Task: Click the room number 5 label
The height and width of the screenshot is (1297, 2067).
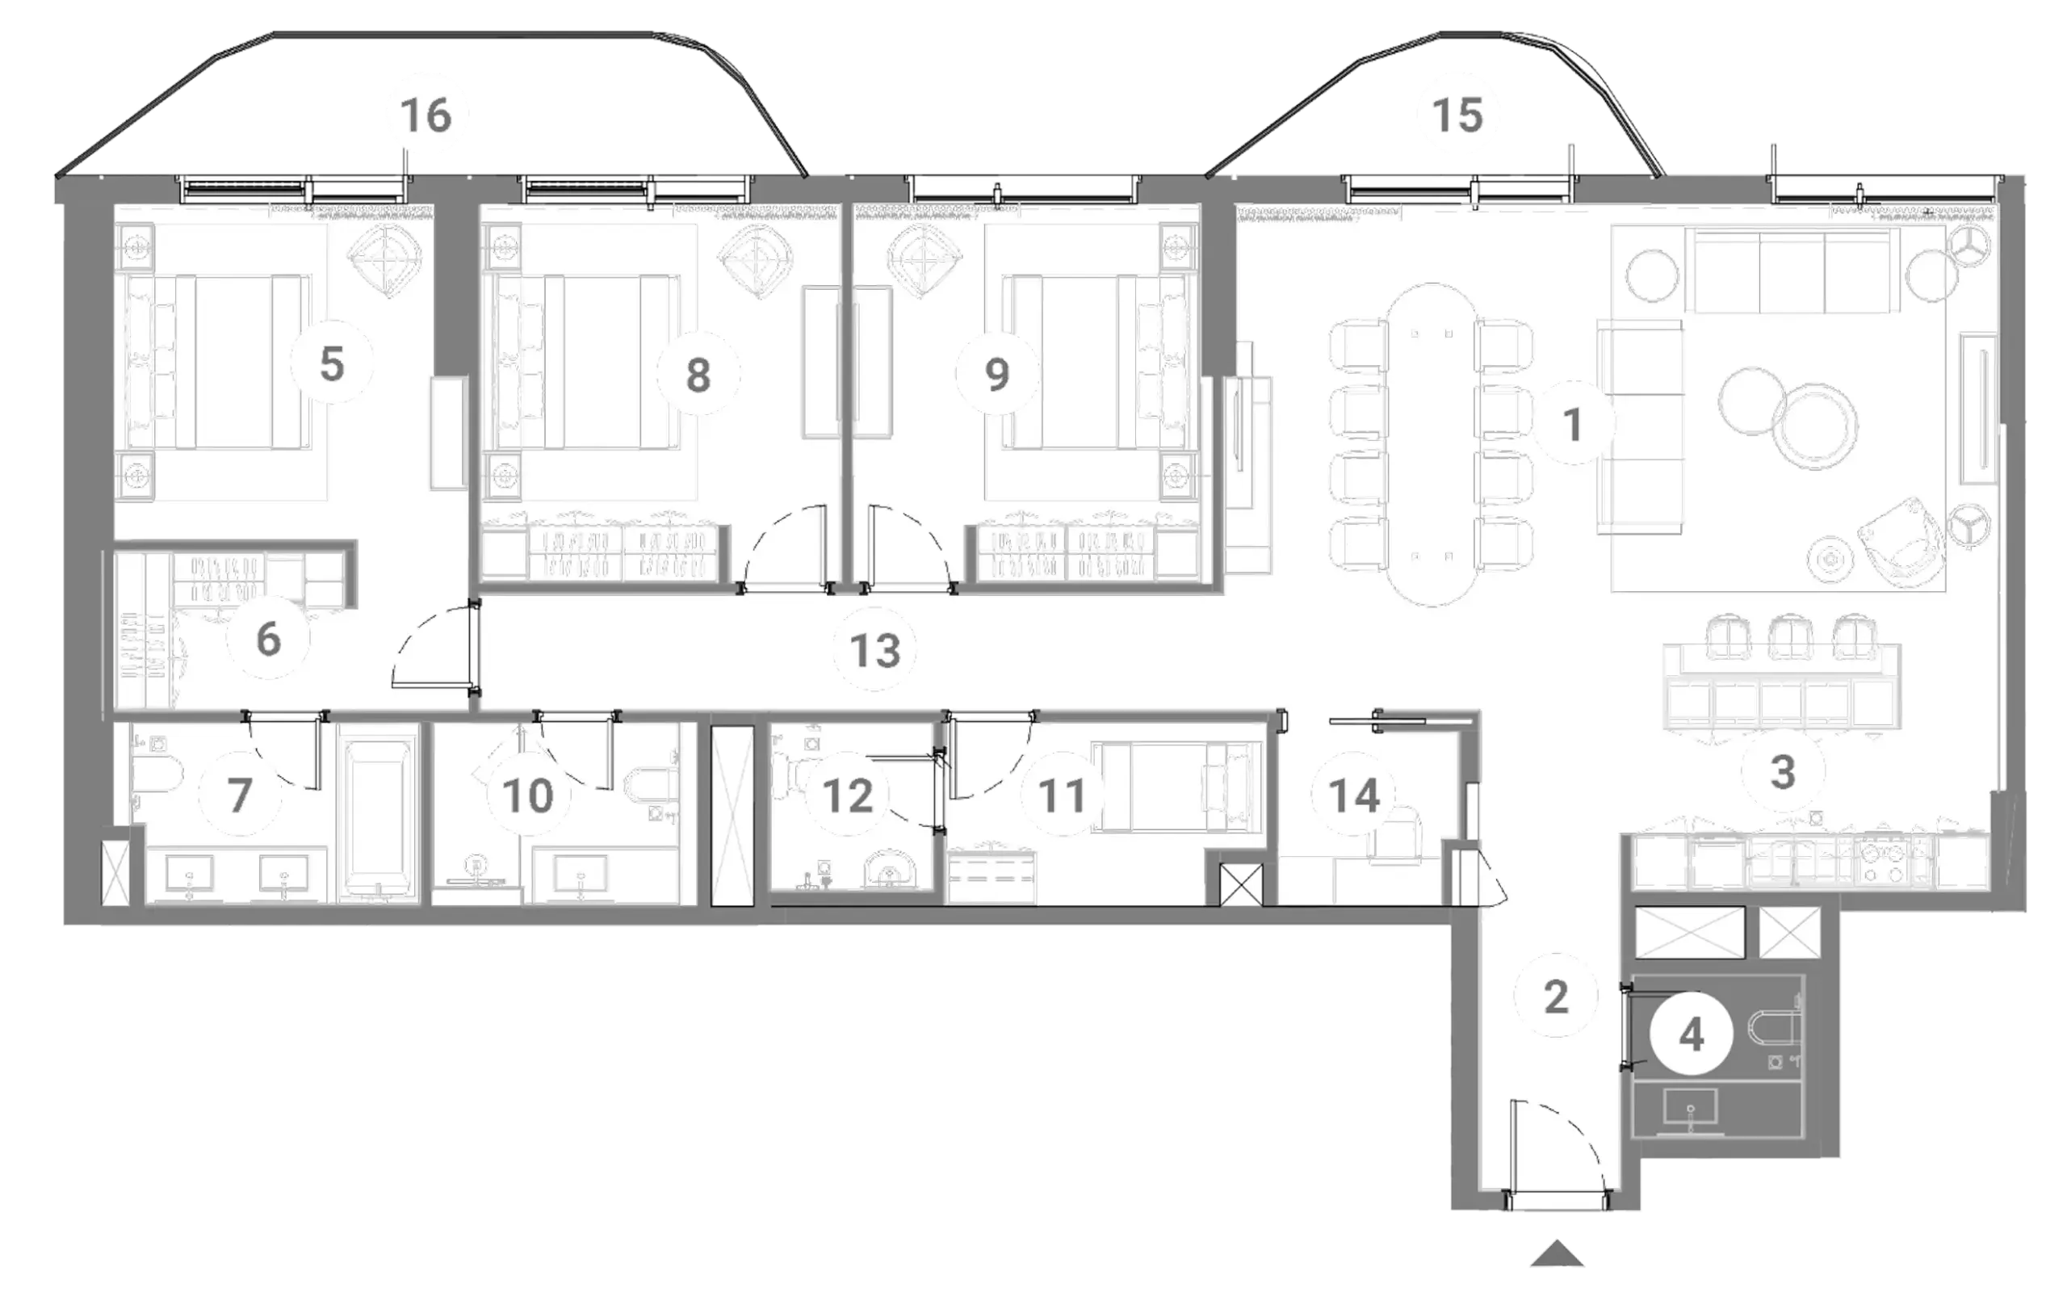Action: (x=332, y=364)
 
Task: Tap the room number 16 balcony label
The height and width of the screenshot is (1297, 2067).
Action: (x=426, y=115)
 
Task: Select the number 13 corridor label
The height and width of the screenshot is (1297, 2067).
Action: (x=874, y=650)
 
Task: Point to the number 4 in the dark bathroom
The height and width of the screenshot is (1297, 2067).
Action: (x=1691, y=1035)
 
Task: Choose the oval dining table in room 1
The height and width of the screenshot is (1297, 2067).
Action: (x=1432, y=444)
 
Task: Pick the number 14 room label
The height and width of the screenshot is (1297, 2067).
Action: (x=1354, y=795)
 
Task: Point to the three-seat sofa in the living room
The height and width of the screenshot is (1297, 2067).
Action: (x=1791, y=271)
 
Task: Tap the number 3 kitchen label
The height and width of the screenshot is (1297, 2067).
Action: (x=1783, y=771)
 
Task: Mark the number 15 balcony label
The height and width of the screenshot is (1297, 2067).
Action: (x=1458, y=115)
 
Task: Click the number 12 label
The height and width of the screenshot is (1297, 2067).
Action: (x=847, y=795)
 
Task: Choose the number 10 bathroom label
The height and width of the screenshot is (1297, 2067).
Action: (x=527, y=795)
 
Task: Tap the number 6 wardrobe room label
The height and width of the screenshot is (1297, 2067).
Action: (x=268, y=640)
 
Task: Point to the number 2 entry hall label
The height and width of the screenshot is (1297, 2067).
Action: (x=1556, y=997)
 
